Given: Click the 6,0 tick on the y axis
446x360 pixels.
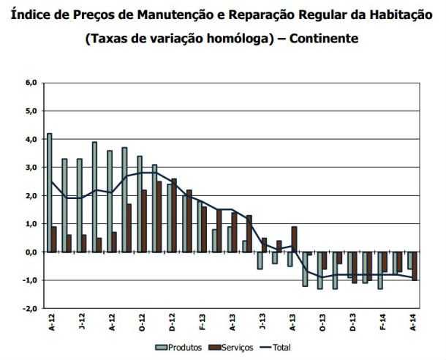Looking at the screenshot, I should coord(31,83).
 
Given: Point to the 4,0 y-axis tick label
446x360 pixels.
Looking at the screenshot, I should coord(31,139).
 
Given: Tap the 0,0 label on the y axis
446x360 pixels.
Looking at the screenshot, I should coord(31,252).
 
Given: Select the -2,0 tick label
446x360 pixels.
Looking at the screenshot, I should coord(29,308).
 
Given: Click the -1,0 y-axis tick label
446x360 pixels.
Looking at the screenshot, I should coord(29,280).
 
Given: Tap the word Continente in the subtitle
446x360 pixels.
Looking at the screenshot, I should coord(324,39).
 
